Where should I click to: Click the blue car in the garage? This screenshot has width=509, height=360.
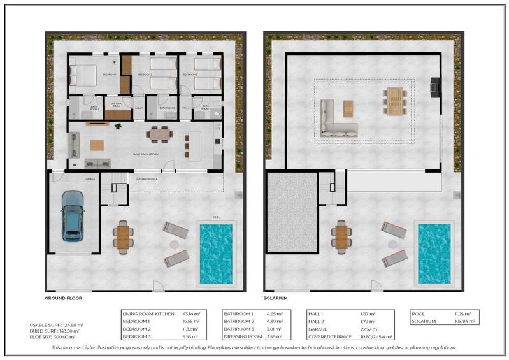[x=72, y=217]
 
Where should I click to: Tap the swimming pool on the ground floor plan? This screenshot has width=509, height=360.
[x=215, y=253]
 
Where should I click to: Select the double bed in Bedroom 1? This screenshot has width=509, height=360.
[x=83, y=75]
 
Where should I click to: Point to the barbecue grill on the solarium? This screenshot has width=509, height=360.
[x=434, y=85]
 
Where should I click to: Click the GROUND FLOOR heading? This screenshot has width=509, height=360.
[x=63, y=298]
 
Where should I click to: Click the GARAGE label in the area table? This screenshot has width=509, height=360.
[x=318, y=329]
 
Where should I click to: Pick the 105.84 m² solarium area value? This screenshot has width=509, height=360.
[x=458, y=322]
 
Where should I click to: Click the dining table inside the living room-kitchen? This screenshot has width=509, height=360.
[x=158, y=133]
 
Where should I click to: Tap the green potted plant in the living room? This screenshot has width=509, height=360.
[x=117, y=126]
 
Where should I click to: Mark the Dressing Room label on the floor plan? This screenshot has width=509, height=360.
[x=117, y=104]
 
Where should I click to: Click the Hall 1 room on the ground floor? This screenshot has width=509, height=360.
[x=140, y=108]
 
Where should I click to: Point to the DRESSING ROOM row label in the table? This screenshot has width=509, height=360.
[x=243, y=336]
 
